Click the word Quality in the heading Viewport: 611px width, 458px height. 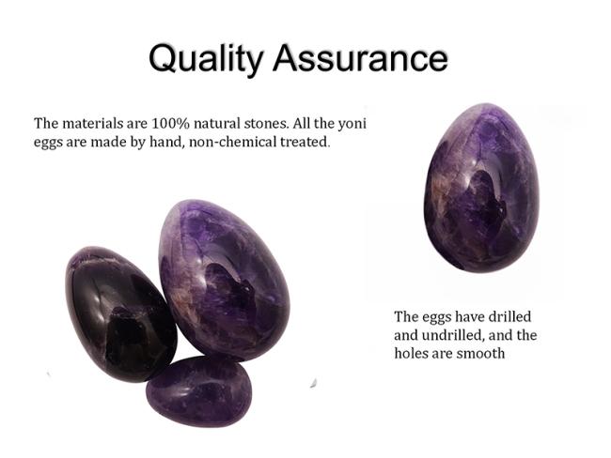coord(206,59)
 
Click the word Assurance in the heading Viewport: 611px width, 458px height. coord(360,58)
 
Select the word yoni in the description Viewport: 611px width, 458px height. coord(352,124)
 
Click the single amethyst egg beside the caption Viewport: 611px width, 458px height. coord(481,188)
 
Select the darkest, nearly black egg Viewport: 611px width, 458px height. coord(121,314)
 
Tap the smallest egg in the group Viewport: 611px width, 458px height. coord(199,392)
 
